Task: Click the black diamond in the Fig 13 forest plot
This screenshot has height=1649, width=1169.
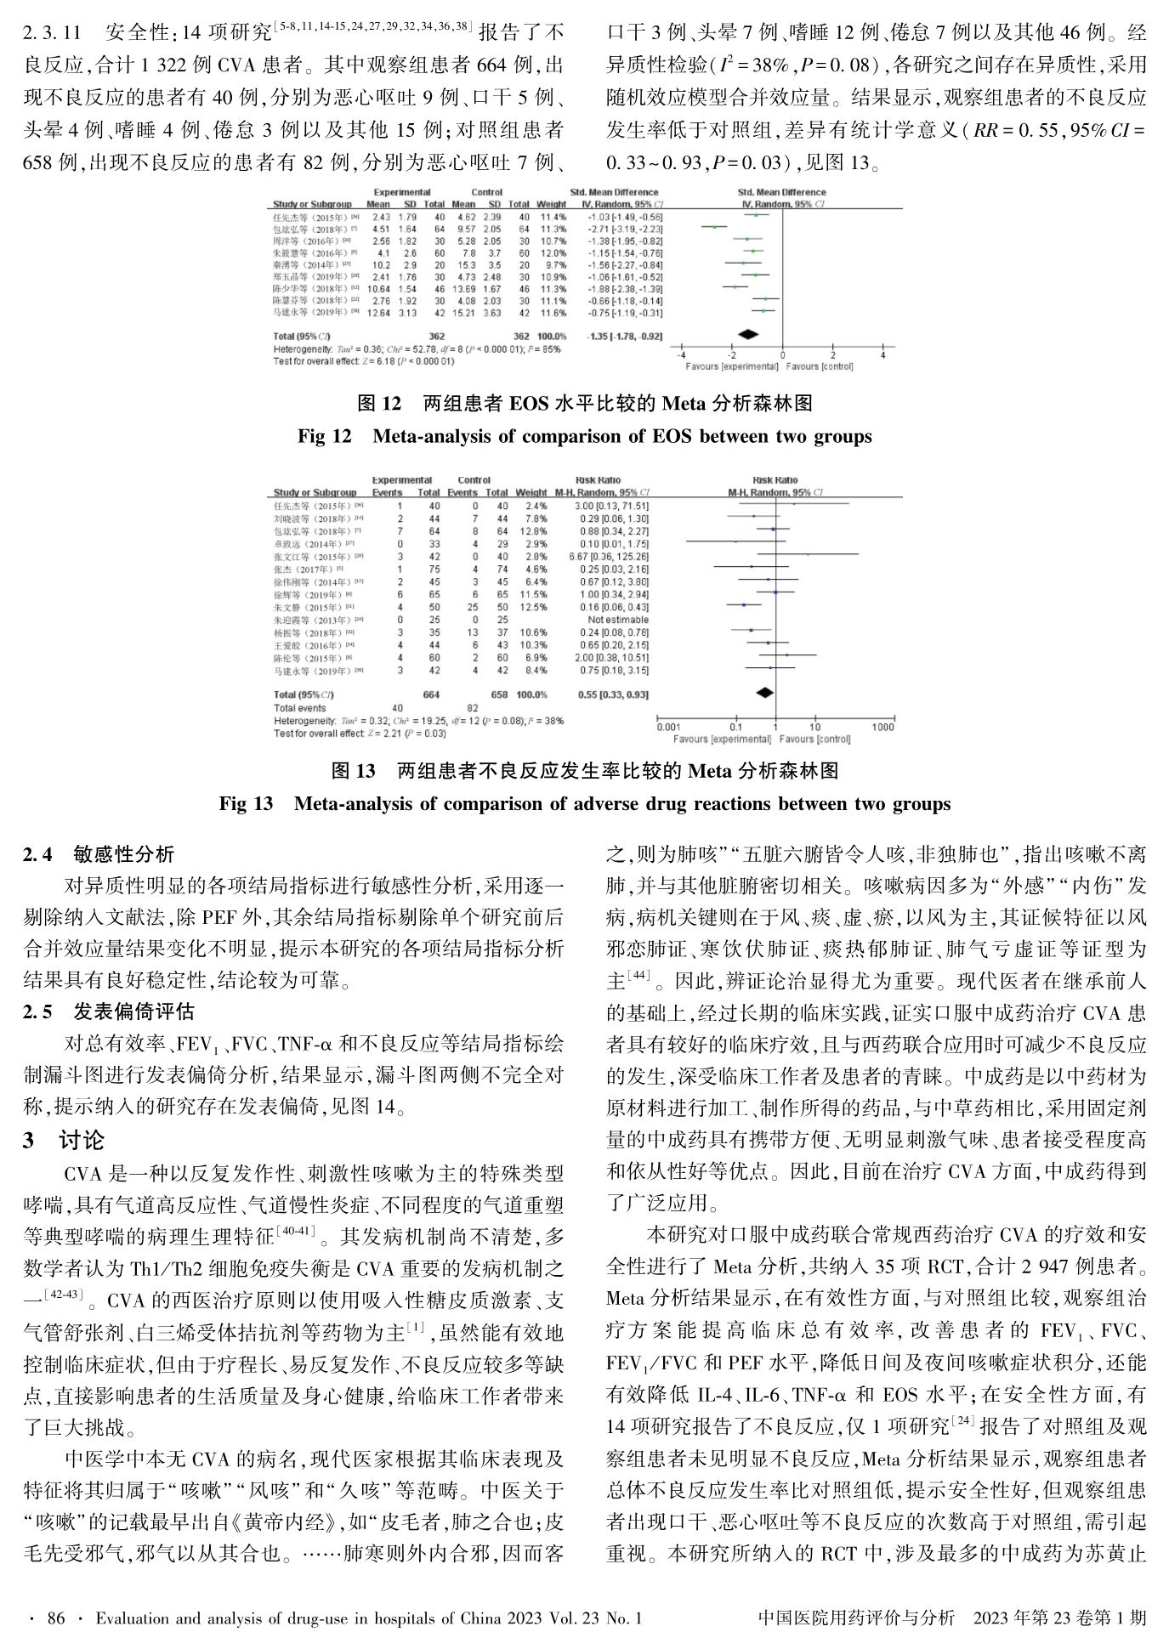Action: (x=765, y=693)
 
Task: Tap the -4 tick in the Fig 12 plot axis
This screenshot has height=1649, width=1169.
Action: (x=681, y=355)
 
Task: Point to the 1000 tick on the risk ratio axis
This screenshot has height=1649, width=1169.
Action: (x=882, y=728)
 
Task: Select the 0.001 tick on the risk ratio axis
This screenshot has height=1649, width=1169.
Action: (x=669, y=728)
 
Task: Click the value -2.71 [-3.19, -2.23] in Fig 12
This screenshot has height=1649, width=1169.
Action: (x=624, y=229)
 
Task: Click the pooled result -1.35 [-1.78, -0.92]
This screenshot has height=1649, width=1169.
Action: (x=624, y=337)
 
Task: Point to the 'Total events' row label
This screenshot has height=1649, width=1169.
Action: (x=299, y=708)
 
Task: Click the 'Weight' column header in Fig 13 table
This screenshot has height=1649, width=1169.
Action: (x=531, y=492)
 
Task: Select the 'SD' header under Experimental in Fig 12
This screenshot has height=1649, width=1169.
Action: (x=410, y=205)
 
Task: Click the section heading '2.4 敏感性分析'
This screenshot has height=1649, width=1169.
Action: (x=99, y=853)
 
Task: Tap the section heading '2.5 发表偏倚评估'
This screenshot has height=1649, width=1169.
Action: (x=109, y=1011)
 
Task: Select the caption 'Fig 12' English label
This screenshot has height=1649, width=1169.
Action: (x=324, y=437)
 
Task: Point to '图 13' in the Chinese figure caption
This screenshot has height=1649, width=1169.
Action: (x=353, y=771)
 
